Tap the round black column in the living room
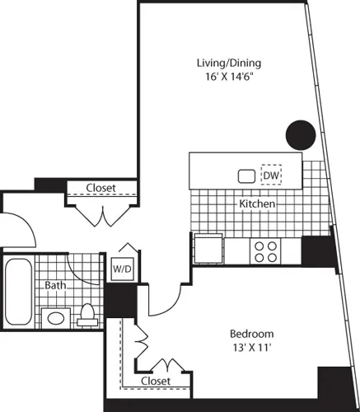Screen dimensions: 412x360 300,133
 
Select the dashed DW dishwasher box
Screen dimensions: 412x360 270,176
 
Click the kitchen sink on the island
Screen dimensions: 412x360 245,176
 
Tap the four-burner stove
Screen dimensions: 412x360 264,250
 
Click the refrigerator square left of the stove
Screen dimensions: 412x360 206,247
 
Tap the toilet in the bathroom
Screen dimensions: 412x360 88,315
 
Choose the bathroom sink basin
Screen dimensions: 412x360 56,317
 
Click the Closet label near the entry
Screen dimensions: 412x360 101,188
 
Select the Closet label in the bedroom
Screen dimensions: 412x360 156,382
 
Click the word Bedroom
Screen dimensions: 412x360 251,334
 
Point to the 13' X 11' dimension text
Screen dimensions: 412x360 251,348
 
